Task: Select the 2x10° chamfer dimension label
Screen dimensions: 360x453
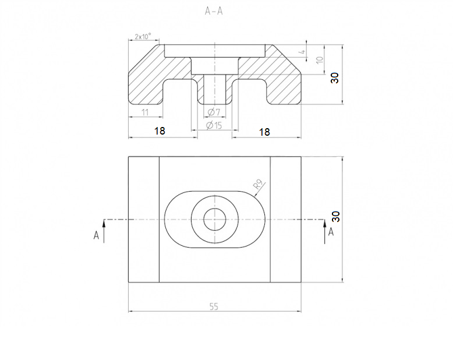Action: tap(143, 36)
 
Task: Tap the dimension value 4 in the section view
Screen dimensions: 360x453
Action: tap(302, 52)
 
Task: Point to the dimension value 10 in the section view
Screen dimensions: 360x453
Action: tap(318, 60)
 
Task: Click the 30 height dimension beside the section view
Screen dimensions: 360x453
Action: tap(335, 76)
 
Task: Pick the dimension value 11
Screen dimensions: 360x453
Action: tap(145, 112)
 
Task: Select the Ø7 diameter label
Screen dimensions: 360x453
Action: tap(214, 112)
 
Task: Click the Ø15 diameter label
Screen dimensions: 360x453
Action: tap(214, 125)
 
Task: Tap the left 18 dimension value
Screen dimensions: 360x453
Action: tap(160, 132)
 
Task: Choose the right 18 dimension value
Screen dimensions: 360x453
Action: tap(264, 132)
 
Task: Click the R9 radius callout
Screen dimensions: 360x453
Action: tap(260, 186)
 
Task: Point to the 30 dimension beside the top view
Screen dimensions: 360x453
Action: tap(335, 217)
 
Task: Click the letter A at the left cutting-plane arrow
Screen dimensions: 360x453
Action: tap(96, 235)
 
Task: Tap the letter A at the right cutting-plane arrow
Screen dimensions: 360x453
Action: tap(331, 232)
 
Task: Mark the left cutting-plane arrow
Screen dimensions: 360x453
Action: tap(104, 231)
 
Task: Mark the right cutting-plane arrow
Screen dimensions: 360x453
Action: tap(324, 231)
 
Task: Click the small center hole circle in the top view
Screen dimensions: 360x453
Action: tap(214, 220)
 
